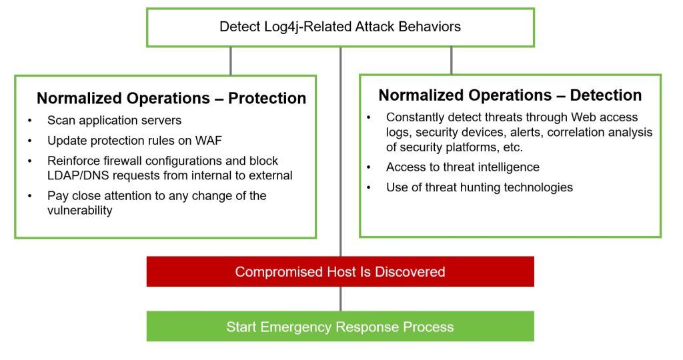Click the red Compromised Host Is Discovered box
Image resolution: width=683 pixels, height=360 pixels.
point(340,271)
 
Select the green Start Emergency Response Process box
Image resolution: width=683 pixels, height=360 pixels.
point(340,326)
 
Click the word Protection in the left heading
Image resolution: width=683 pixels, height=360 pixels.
point(267,99)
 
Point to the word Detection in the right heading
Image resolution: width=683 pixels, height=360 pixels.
point(606,95)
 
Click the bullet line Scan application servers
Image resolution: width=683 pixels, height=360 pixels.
point(114,120)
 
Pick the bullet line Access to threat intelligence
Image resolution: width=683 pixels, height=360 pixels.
point(463,167)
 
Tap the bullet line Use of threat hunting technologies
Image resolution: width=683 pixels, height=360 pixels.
point(479,187)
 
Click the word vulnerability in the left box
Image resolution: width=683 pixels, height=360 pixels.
point(80,210)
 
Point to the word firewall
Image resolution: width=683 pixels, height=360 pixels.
point(124,161)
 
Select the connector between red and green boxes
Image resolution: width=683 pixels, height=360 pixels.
point(340,299)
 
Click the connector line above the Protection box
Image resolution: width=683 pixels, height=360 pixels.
point(230,61)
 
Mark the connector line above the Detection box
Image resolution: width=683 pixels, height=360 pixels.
point(452,61)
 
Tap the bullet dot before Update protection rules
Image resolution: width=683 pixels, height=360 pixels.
point(29,141)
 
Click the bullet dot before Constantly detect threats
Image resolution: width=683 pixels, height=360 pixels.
point(368,117)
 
